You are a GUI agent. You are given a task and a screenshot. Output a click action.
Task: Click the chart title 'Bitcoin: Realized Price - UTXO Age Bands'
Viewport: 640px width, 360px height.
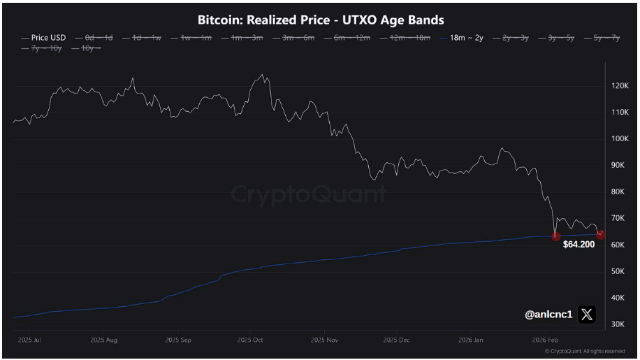tap(321, 20)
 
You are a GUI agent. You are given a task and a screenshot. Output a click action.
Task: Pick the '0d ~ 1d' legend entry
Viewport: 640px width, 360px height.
tap(98, 37)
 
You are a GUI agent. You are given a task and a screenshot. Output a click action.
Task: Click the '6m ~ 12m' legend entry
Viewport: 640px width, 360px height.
tap(351, 37)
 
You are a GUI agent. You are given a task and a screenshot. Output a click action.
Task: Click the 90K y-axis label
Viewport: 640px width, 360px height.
tap(617, 165)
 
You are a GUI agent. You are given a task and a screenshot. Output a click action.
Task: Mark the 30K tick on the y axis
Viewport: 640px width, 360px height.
tap(617, 324)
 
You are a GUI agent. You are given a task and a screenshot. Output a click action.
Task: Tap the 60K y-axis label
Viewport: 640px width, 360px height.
tap(617, 245)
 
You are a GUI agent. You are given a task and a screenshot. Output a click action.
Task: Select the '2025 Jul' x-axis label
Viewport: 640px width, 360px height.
tap(28, 340)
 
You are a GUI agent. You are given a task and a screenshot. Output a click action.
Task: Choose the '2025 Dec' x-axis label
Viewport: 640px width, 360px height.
tap(397, 340)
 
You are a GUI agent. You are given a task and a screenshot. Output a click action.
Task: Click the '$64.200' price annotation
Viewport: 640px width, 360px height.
tap(579, 245)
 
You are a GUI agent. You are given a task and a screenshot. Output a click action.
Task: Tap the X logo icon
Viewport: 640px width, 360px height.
tap(587, 315)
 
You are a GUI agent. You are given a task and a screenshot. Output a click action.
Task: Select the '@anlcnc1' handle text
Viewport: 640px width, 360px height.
tap(548, 315)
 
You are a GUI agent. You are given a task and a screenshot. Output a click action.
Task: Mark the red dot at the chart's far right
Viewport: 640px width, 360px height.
tap(600, 235)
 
